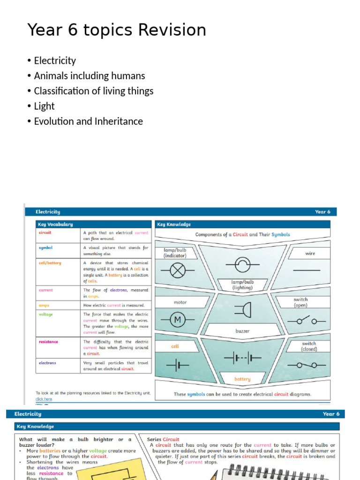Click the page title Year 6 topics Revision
coord(117,30)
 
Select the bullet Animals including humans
coord(90,75)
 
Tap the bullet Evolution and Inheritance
coord(88,121)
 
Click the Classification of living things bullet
coord(93,91)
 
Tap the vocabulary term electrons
coord(47,363)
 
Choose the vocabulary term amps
coord(44,305)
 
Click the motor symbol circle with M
coord(177,320)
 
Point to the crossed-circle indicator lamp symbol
coord(177,270)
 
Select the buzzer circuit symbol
coord(244,309)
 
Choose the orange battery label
coord(242,379)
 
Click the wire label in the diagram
coord(310,254)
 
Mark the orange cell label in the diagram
coord(175,346)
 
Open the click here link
coord(44,399)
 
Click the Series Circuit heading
coord(163,439)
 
